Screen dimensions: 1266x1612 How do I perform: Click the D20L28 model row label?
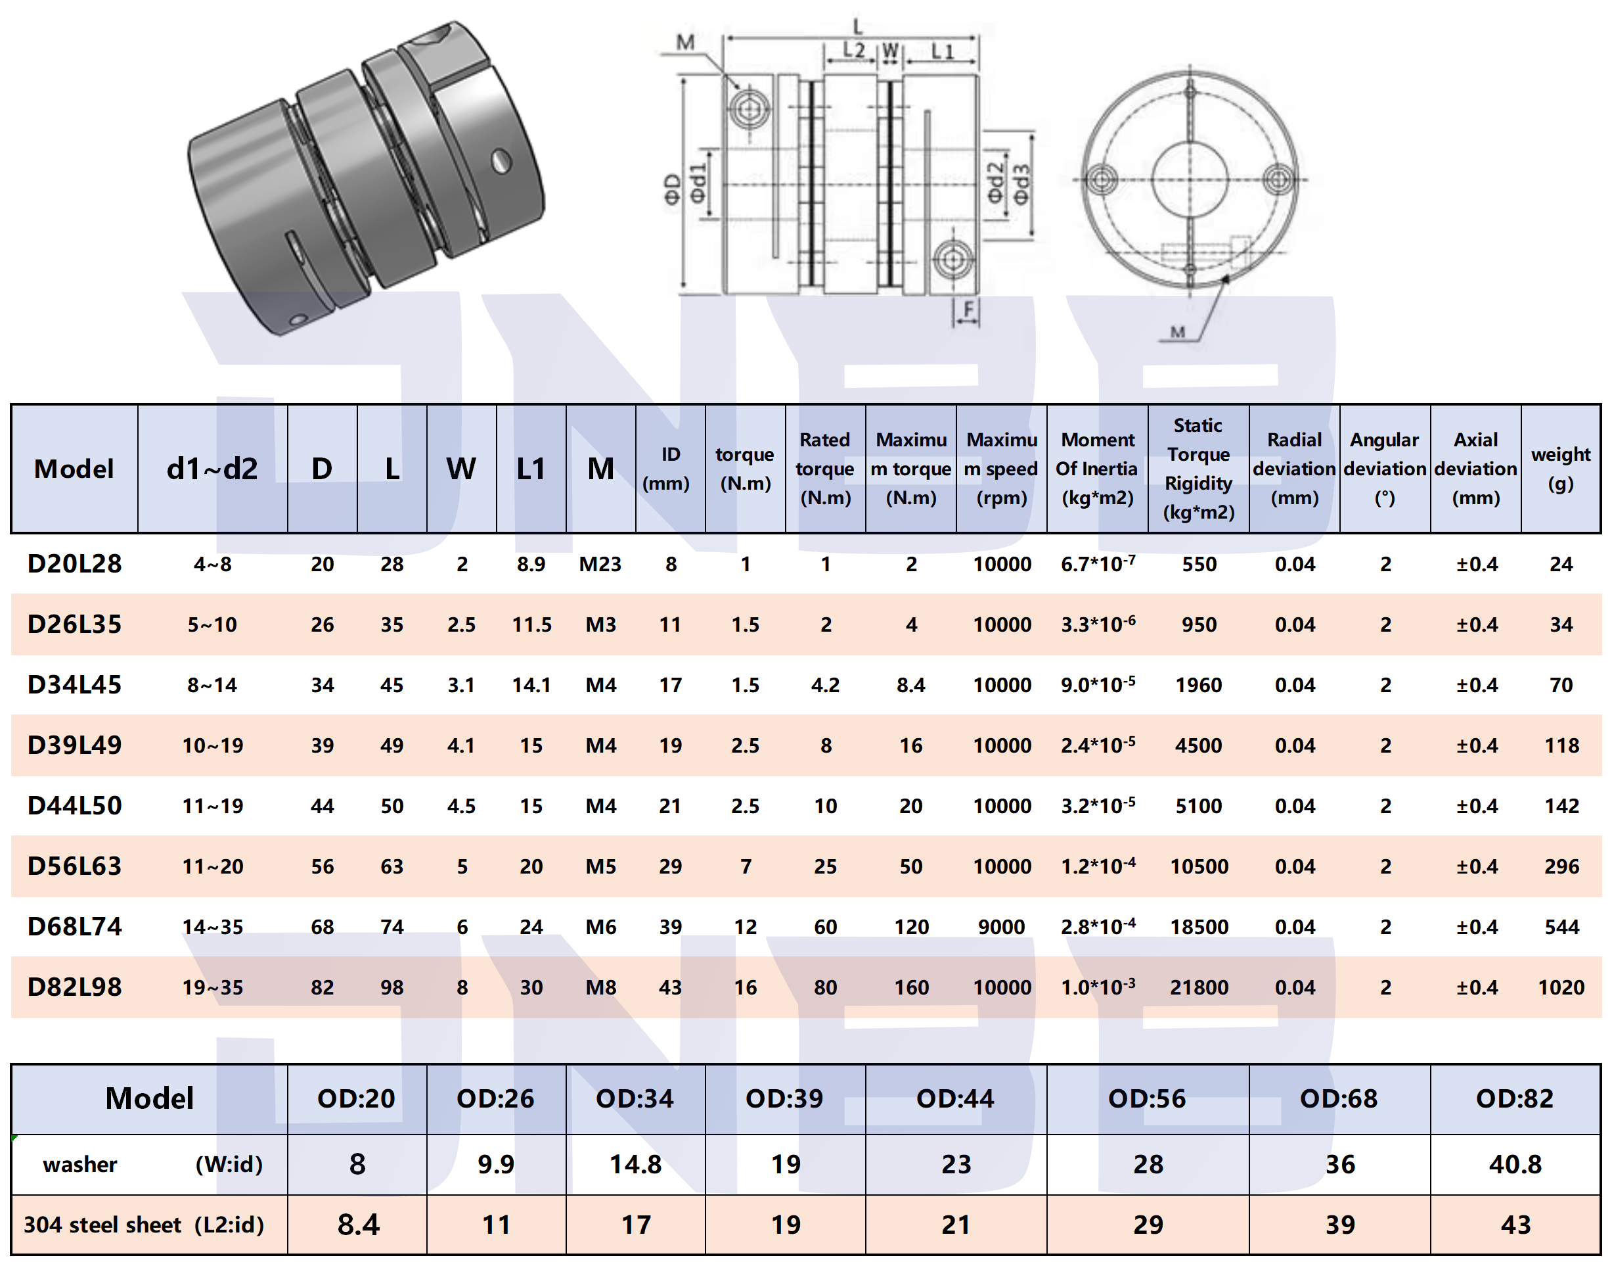[74, 564]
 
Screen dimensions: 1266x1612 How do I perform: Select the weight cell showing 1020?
[1560, 987]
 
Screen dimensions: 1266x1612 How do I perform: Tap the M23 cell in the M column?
[599, 564]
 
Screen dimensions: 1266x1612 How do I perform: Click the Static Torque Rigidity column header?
[1198, 469]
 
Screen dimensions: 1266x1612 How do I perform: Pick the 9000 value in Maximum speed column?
[1001, 927]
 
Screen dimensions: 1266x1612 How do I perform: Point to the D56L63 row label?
[74, 866]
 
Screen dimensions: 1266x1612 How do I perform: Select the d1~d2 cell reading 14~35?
[213, 927]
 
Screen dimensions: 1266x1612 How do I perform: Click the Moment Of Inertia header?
[1096, 469]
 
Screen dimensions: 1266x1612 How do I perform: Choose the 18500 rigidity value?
[1198, 927]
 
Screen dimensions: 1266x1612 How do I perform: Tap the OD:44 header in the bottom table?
[955, 1098]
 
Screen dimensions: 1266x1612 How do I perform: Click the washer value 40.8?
[1514, 1165]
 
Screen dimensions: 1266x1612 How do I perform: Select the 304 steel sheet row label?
[144, 1225]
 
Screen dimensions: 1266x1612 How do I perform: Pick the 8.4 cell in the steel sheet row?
[358, 1225]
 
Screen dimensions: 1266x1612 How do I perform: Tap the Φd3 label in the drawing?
[1021, 184]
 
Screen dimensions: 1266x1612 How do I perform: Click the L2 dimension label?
[853, 51]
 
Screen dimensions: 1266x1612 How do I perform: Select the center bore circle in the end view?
[1190, 179]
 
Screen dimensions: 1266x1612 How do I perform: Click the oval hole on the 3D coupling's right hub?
[501, 160]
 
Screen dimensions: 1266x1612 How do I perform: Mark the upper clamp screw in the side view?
[749, 110]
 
